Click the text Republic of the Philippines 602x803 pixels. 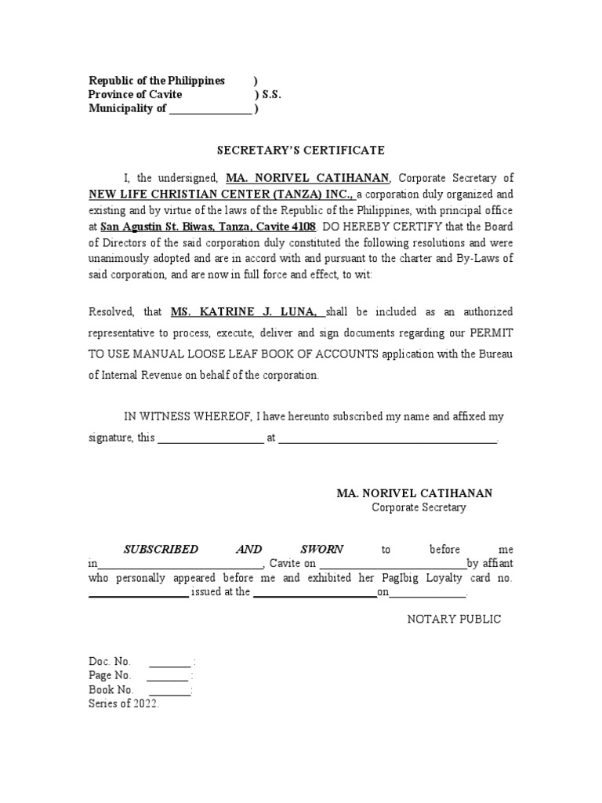[157, 81]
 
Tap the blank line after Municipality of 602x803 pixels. [211, 110]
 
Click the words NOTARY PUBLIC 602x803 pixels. [453, 620]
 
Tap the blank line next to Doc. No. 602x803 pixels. [169, 662]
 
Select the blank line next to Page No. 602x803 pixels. [168, 676]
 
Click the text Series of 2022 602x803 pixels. [124, 704]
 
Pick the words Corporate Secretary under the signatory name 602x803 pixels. [419, 507]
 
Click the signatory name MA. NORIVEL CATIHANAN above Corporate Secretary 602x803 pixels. [415, 493]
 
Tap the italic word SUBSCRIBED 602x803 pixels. [159, 549]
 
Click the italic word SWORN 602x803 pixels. [321, 549]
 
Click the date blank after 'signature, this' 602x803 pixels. [211, 439]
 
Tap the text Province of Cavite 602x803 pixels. [136, 95]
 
